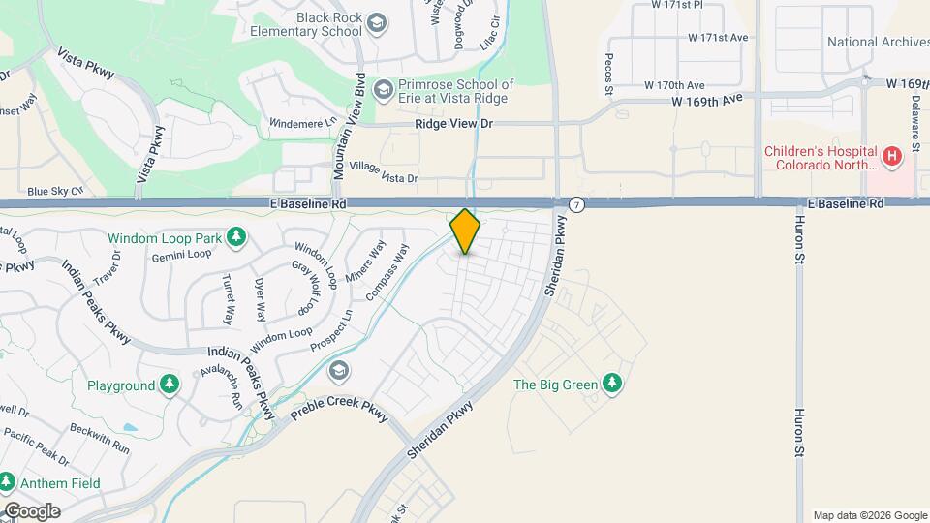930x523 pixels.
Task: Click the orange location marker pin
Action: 465,231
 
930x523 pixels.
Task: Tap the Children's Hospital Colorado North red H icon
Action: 892,154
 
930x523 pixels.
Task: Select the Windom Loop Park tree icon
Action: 235,236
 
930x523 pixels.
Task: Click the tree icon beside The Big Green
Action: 611,385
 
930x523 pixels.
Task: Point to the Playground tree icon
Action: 170,385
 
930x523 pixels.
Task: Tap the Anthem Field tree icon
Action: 7,480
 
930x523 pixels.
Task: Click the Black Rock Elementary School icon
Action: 378,24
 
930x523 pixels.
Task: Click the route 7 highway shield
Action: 577,204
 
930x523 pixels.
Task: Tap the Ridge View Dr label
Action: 454,124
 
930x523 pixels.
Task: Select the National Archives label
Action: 878,42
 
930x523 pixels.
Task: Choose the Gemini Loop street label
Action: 181,255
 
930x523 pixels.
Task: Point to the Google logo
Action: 31,510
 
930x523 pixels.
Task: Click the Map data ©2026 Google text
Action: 868,515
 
